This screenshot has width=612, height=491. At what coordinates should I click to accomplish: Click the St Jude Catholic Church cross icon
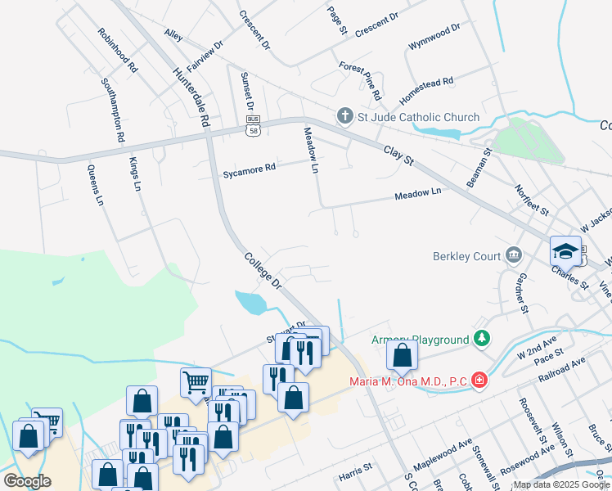(346, 117)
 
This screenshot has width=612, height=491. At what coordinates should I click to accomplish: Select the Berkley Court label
(466, 255)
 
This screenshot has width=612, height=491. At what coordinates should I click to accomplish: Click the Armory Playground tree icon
(483, 339)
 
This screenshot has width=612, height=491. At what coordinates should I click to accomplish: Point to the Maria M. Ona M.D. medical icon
(479, 381)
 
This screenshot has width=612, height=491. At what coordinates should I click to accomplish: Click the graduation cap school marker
(565, 250)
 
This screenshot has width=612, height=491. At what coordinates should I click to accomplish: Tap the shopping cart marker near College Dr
(196, 381)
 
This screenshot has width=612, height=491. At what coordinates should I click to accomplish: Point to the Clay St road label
(395, 151)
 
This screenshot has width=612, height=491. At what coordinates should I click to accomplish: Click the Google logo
(27, 481)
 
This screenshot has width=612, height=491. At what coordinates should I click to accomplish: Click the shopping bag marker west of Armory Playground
(402, 355)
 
